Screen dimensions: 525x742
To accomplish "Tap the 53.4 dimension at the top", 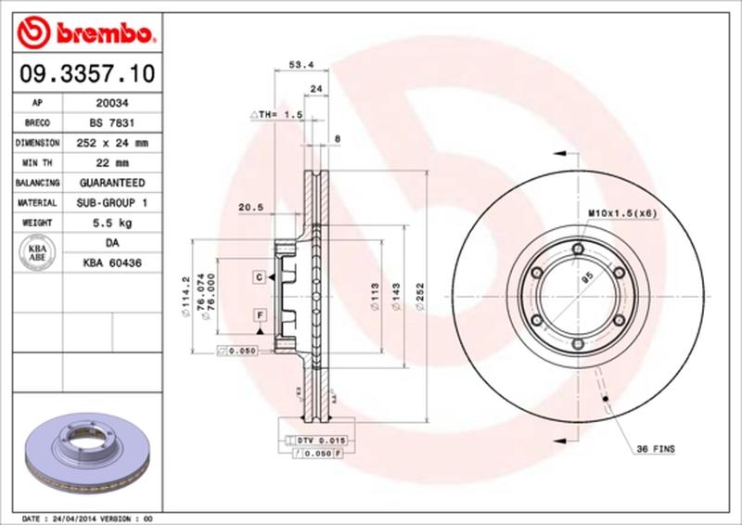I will pos(298,65).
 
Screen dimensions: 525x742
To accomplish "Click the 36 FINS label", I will pos(655,449).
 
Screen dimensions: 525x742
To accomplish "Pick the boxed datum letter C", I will pos(262,276).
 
